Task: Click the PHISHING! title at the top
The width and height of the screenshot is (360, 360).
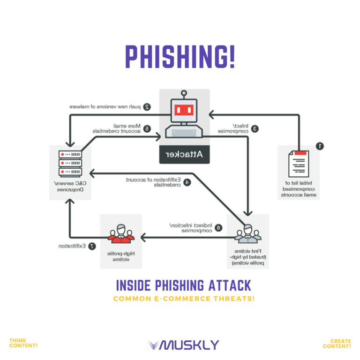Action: tap(180, 56)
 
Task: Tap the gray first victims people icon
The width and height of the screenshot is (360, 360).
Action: tap(247, 233)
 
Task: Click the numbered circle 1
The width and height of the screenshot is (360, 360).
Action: tap(320, 146)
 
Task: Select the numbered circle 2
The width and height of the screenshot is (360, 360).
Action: tap(147, 107)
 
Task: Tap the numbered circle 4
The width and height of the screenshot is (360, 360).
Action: tap(187, 182)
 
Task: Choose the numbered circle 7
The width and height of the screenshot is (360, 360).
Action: tap(92, 246)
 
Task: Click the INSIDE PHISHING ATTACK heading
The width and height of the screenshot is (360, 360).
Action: tap(183, 285)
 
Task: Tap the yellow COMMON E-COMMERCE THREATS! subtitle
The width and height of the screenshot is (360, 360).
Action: tap(184, 299)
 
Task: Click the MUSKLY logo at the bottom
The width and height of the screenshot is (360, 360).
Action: tap(183, 345)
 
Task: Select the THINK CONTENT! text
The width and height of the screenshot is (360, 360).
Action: tap(23, 343)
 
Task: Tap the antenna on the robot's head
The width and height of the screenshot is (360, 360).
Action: tap(184, 94)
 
